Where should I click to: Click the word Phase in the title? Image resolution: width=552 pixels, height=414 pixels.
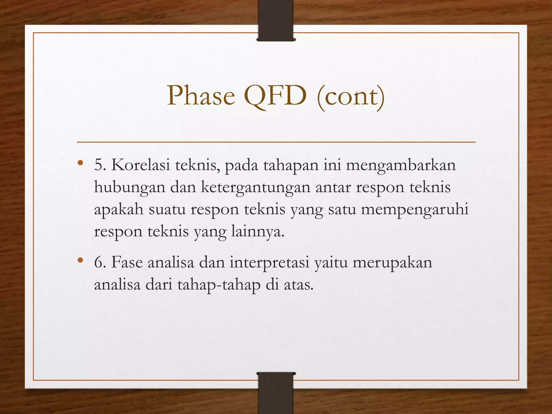click(x=201, y=96)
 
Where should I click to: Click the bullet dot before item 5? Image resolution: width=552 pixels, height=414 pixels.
click(x=80, y=163)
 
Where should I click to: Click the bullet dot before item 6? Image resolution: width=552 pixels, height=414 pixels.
click(x=80, y=260)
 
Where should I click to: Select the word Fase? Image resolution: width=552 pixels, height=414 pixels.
click(x=127, y=262)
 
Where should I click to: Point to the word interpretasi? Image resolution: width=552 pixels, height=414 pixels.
click(x=269, y=263)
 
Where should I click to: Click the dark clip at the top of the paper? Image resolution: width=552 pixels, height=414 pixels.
click(x=276, y=20)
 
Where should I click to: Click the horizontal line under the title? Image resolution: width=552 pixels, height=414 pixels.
click(x=276, y=142)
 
